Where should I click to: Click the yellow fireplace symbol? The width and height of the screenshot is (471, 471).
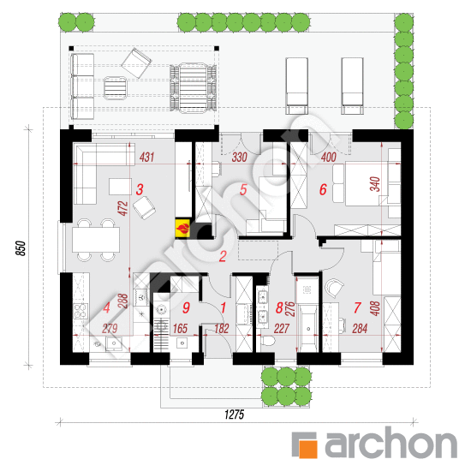(x=182, y=228)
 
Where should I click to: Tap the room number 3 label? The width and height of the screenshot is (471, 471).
(x=140, y=190)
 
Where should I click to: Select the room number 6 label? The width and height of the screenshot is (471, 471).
(x=323, y=190)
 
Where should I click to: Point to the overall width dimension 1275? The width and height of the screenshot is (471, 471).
(x=235, y=414)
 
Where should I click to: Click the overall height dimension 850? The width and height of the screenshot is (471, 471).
(x=21, y=248)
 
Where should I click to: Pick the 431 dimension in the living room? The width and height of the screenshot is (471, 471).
(x=147, y=157)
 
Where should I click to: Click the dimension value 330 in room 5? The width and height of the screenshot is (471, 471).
(x=240, y=157)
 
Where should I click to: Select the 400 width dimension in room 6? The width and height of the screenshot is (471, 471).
(x=329, y=157)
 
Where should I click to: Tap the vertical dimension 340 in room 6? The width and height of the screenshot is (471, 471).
(x=375, y=184)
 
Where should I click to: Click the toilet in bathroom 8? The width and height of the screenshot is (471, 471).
(x=268, y=341)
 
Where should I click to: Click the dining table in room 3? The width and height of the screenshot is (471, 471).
(x=96, y=240)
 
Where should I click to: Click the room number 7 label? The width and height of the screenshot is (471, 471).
(x=357, y=308)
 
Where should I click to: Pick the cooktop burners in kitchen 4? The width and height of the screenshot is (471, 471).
(x=80, y=311)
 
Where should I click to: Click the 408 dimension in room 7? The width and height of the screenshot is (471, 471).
(x=375, y=308)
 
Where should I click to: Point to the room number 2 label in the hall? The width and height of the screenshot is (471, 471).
(x=223, y=257)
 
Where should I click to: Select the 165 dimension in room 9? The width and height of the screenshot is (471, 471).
(x=180, y=329)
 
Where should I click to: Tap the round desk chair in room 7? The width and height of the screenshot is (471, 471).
(x=334, y=288)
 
